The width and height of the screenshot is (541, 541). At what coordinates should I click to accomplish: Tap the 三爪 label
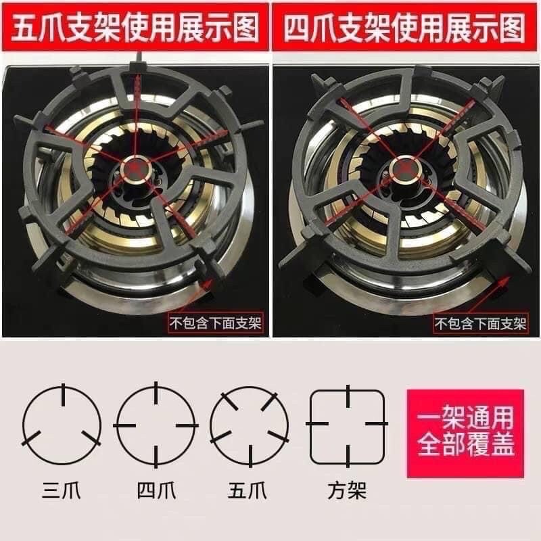pos(62,489)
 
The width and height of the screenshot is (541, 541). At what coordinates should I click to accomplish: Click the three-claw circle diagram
pos(62,425)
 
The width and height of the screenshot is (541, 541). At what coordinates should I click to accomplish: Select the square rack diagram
pos(348,425)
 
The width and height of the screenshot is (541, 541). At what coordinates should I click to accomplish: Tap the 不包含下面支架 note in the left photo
pos(219,323)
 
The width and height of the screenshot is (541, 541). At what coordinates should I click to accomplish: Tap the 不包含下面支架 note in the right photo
pos(481,323)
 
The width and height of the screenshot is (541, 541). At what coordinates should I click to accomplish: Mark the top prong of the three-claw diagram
pos(62,394)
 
